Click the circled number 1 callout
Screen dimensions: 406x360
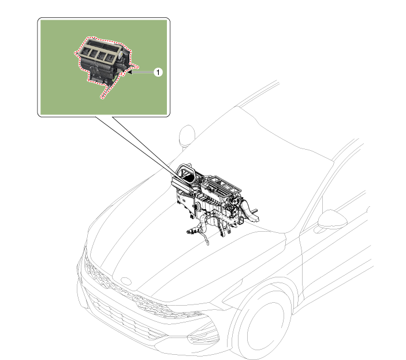coord(158,72)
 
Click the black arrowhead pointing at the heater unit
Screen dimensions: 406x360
coord(130,72)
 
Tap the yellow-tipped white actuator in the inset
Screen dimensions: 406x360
coord(121,54)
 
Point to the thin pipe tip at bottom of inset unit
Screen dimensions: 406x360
coord(102,98)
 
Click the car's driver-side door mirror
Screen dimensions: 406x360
coord(332,220)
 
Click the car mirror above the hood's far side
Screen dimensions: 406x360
coord(187,134)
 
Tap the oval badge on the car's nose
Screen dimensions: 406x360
coord(126,281)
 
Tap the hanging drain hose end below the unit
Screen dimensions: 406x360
coord(207,243)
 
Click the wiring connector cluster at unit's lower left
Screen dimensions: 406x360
coord(192,231)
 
